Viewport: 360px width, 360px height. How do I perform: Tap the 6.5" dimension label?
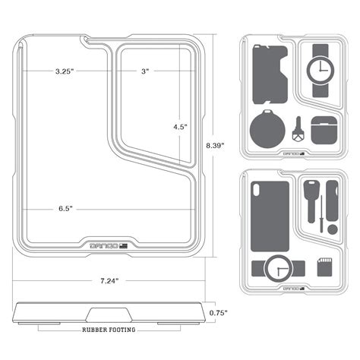click(x=64, y=208)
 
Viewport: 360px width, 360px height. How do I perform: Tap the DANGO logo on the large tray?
click(x=106, y=245)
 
